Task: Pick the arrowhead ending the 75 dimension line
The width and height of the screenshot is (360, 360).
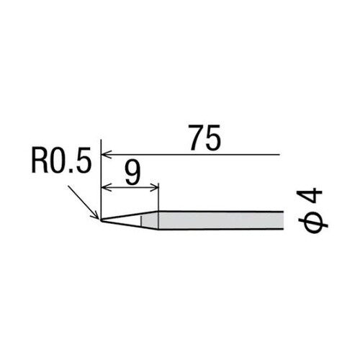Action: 107,154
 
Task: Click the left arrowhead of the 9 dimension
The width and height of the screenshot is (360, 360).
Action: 107,189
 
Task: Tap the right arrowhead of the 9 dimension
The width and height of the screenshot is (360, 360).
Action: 153,189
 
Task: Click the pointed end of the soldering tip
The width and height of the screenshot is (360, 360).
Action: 102,219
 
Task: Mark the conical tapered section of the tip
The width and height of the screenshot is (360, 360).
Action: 126,219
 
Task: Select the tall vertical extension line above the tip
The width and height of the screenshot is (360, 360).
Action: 102,173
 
